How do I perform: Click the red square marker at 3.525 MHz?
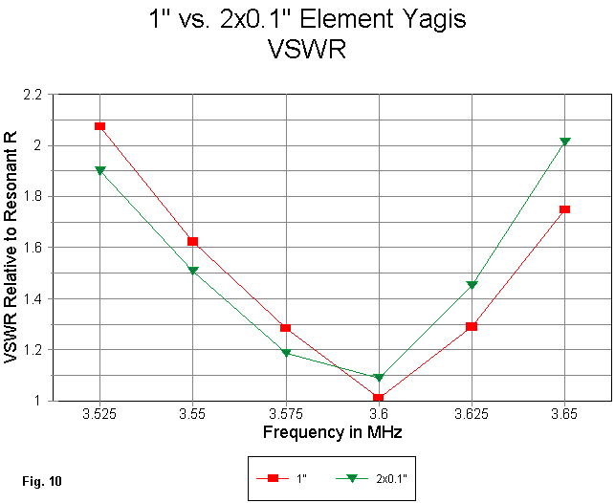pyautogui.click(x=99, y=125)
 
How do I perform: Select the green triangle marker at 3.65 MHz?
pyautogui.click(x=565, y=142)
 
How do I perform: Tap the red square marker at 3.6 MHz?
pyautogui.click(x=379, y=398)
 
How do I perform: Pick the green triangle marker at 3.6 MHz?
pyautogui.click(x=379, y=378)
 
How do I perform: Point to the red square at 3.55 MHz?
pyautogui.click(x=193, y=241)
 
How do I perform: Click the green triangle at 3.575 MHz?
pyautogui.click(x=286, y=353)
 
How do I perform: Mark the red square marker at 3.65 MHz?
pyautogui.click(x=565, y=208)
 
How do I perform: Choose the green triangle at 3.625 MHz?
pyautogui.click(x=472, y=285)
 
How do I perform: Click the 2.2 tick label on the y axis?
pyautogui.click(x=32, y=95)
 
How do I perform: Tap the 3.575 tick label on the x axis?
pyautogui.click(x=286, y=415)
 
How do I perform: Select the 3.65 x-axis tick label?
pyautogui.click(x=565, y=415)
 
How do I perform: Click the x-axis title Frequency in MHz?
pyautogui.click(x=332, y=432)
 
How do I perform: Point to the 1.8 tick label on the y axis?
pyautogui.click(x=32, y=197)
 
